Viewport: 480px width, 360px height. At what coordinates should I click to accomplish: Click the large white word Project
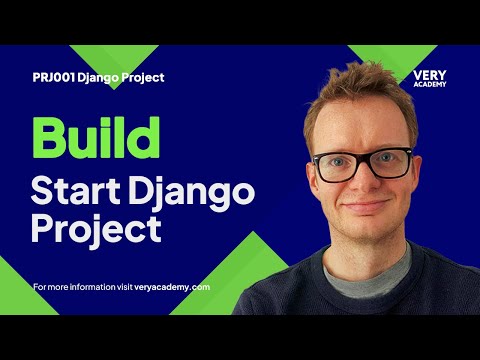click(96, 228)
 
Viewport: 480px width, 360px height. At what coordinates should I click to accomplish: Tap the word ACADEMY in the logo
click(428, 84)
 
